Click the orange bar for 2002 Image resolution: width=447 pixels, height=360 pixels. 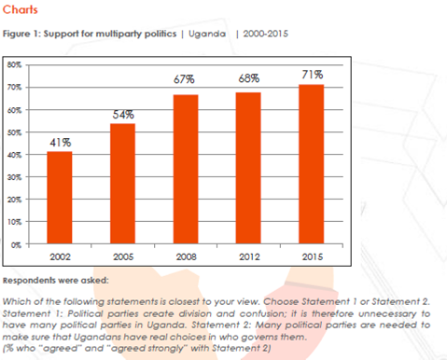click(60, 198)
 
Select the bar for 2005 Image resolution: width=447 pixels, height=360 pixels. click(122, 184)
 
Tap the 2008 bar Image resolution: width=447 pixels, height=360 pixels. click(186, 169)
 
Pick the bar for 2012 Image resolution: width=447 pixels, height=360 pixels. click(248, 168)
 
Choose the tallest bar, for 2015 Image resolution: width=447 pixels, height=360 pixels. click(312, 164)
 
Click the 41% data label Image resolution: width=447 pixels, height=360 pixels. click(61, 143)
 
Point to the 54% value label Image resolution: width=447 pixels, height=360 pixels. click(123, 115)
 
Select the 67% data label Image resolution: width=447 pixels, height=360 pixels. click(184, 79)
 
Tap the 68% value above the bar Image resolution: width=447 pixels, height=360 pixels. click(249, 78)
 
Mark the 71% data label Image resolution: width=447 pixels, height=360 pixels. click(313, 75)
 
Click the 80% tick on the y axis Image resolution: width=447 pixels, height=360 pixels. click(15, 65)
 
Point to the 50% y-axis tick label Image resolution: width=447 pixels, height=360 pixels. click(15, 132)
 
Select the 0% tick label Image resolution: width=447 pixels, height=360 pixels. click(17, 245)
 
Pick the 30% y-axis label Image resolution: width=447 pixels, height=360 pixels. click(15, 177)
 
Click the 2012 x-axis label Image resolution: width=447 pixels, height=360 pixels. click(249, 256)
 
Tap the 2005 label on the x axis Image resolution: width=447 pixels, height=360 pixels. click(123, 256)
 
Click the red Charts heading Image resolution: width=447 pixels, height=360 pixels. click(21, 9)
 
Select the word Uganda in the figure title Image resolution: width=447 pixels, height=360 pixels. click(207, 34)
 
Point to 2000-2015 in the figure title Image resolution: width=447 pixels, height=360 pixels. click(266, 34)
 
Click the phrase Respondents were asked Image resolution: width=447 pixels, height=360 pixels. click(56, 281)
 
